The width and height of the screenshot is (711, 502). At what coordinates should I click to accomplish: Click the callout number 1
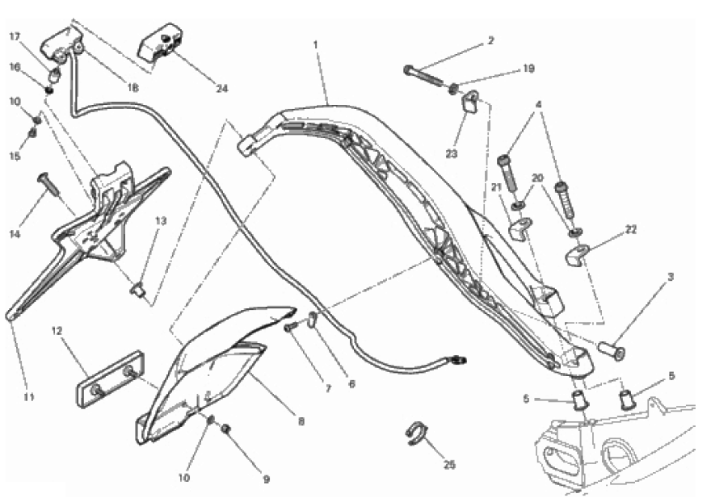(x=315, y=44)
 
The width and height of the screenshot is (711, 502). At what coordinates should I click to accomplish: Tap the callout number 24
(x=221, y=88)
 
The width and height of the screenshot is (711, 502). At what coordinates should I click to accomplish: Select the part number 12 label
(x=57, y=331)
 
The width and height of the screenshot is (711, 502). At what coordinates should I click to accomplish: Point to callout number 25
(x=449, y=465)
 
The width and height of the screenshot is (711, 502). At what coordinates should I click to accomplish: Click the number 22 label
(x=631, y=230)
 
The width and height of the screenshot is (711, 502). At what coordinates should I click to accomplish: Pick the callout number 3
(x=670, y=276)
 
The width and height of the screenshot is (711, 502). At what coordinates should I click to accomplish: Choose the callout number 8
(x=301, y=421)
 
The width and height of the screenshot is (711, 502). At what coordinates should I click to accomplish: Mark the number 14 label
(x=15, y=234)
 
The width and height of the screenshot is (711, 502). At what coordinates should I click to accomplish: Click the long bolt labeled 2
(x=423, y=74)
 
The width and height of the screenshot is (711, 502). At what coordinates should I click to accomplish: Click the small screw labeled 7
(x=292, y=326)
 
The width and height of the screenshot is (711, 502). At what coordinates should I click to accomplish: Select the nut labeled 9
(x=226, y=428)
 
